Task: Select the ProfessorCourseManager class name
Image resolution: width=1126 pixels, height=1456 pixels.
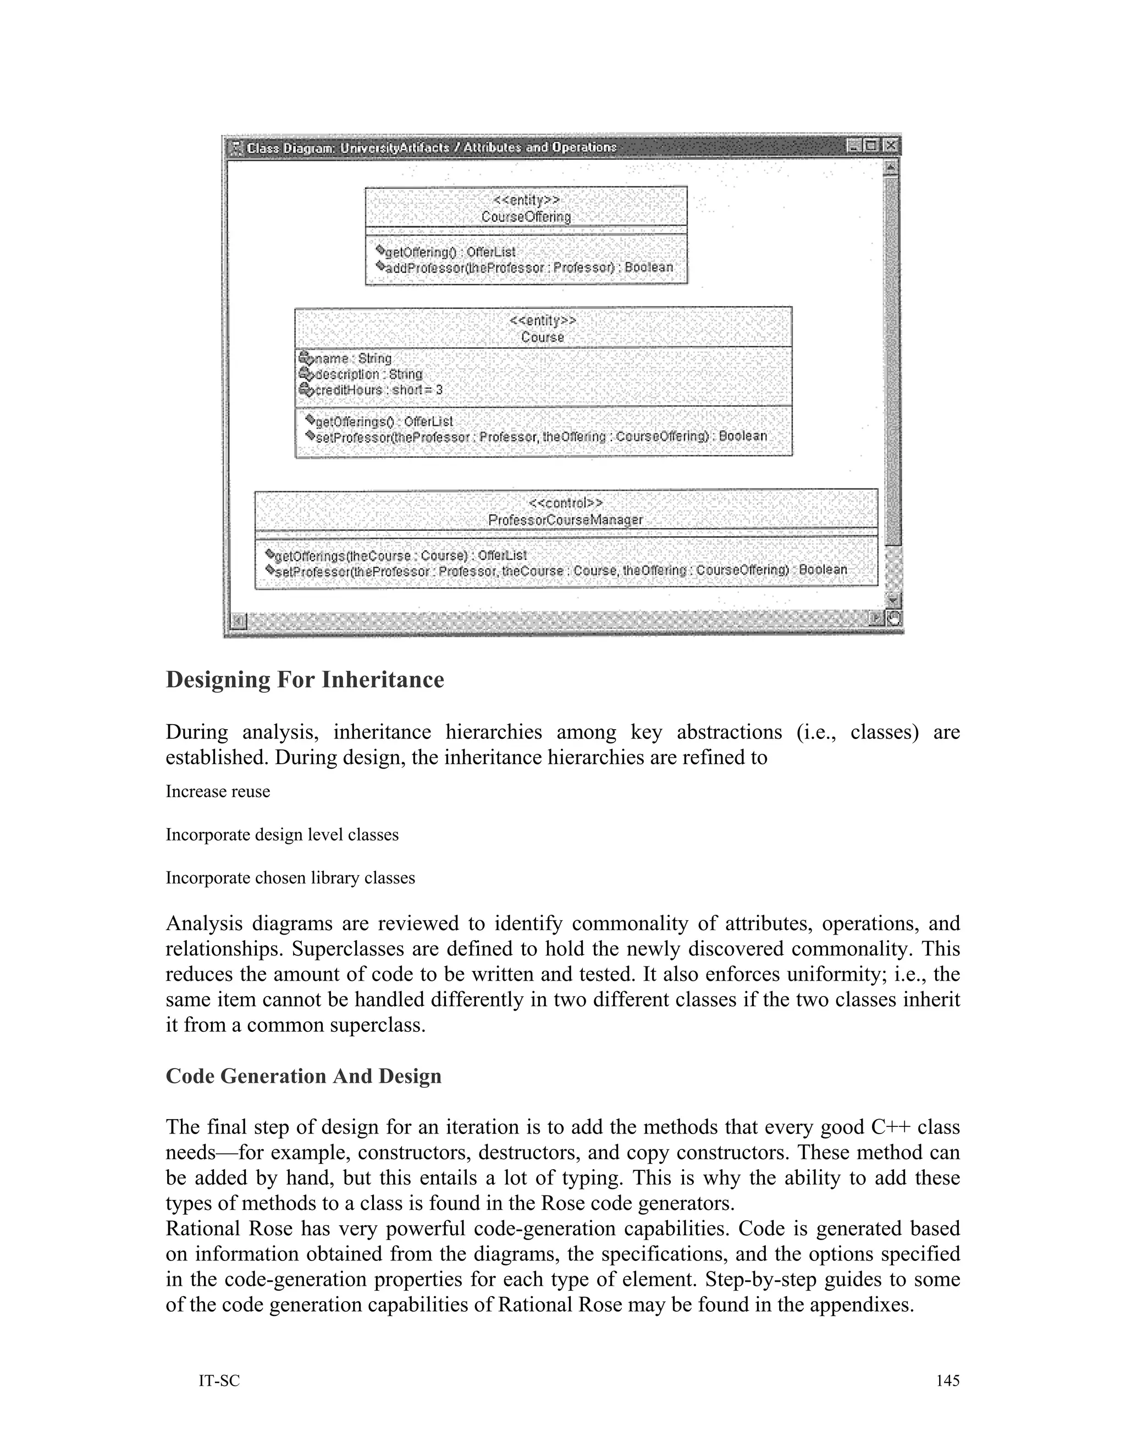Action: click(565, 520)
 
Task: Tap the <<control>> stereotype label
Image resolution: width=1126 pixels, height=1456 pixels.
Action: click(565, 503)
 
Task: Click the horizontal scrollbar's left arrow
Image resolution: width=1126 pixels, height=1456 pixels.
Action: click(238, 621)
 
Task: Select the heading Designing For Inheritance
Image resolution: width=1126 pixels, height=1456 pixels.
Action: click(305, 680)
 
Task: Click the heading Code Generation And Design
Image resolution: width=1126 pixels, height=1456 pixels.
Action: click(303, 1076)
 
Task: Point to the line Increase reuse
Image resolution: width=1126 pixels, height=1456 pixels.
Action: click(218, 792)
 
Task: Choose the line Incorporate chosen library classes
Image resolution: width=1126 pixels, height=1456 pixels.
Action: click(290, 878)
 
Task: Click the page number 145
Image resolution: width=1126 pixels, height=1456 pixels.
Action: click(947, 1381)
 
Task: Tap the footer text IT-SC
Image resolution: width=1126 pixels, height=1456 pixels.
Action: click(219, 1381)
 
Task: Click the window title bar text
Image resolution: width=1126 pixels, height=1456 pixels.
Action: click(432, 147)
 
